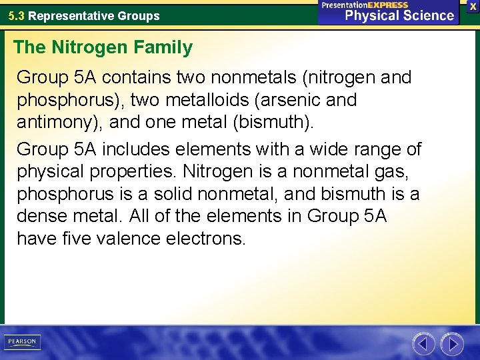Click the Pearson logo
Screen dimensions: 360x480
click(x=22, y=342)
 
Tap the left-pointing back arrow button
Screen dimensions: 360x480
click(x=423, y=344)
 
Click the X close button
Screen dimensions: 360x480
click(x=473, y=6)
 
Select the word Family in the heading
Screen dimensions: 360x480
click(x=165, y=47)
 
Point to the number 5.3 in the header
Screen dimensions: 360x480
click(x=17, y=15)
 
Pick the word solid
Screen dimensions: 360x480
click(x=170, y=193)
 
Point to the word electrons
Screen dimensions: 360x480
click(x=213, y=239)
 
